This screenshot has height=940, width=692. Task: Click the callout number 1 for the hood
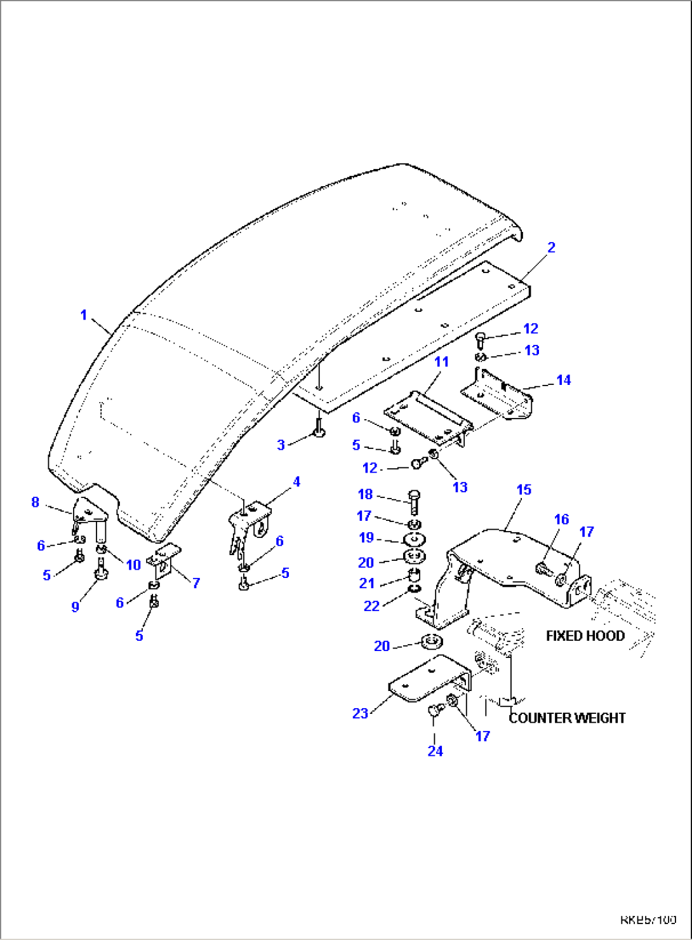click(83, 315)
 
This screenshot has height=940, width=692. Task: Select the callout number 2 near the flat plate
click(551, 248)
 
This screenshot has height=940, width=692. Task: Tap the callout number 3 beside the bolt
click(281, 445)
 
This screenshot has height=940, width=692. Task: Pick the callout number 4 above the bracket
click(296, 482)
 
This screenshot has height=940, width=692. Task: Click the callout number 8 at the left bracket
click(36, 502)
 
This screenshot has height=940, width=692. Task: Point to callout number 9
click(75, 607)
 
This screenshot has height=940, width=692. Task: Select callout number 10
click(133, 565)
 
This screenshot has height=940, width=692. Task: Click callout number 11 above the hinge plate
click(441, 362)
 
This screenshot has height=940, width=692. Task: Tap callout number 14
click(563, 380)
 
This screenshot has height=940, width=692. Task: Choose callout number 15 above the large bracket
click(523, 490)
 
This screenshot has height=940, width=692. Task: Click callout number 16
click(561, 520)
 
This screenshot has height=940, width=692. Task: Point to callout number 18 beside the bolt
click(365, 494)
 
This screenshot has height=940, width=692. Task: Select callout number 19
click(366, 538)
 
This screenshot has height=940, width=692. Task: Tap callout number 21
click(367, 583)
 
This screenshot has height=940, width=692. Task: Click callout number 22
click(371, 606)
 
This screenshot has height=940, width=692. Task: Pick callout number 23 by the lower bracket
click(360, 713)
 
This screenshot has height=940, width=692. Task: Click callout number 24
click(435, 751)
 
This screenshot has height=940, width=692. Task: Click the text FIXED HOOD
click(585, 636)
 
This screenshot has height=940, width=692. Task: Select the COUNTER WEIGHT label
click(567, 718)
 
